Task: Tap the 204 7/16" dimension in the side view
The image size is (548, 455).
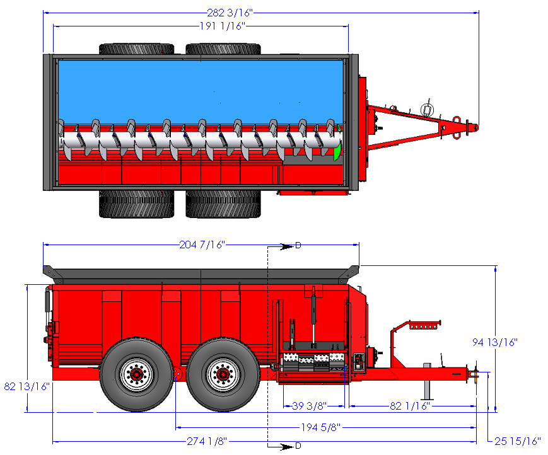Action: point(202,245)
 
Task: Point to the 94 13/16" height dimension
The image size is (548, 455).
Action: point(495,342)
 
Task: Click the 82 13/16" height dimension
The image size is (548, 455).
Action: point(26,386)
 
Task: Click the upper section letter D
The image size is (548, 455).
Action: point(298,245)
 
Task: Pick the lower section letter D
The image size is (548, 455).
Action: point(298,446)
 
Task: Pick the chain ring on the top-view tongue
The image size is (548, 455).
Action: point(426,109)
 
